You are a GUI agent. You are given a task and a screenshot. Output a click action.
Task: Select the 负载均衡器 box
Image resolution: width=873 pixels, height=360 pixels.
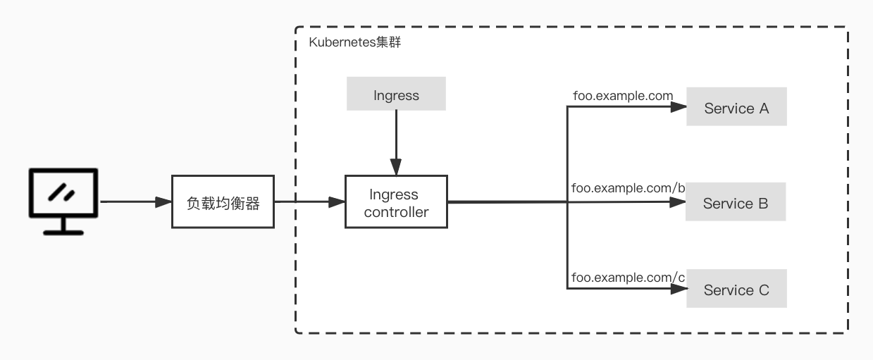pos(223,203)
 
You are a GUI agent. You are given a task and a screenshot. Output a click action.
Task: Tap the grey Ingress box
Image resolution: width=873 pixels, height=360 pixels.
pos(396,94)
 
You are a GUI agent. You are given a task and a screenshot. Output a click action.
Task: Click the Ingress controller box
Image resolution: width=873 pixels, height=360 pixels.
pos(396,202)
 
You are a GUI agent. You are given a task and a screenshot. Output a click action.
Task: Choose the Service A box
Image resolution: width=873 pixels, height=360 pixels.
pos(736,108)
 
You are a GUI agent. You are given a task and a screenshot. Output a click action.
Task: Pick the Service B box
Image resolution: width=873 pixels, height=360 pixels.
pos(736,203)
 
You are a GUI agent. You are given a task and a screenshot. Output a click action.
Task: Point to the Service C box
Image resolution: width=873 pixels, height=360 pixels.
pos(736,290)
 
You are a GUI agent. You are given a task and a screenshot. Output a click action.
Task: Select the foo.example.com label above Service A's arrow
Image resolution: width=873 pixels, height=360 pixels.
pos(622,95)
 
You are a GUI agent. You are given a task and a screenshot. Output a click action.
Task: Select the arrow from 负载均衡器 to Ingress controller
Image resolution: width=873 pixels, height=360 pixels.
pos(309,202)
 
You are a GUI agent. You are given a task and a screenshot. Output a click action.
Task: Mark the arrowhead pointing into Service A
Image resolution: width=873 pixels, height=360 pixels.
pos(679,108)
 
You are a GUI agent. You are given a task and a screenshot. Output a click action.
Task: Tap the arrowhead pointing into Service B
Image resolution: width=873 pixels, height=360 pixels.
pos(679,202)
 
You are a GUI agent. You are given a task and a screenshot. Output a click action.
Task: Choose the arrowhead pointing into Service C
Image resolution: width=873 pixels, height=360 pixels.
pos(679,288)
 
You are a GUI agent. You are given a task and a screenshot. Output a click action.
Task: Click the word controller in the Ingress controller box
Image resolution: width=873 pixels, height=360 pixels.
pos(396,211)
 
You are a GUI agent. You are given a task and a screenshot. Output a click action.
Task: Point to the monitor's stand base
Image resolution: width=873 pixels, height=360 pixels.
pos(63,232)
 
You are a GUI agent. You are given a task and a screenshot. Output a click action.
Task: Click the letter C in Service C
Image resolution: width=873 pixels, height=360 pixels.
pos(764,290)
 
